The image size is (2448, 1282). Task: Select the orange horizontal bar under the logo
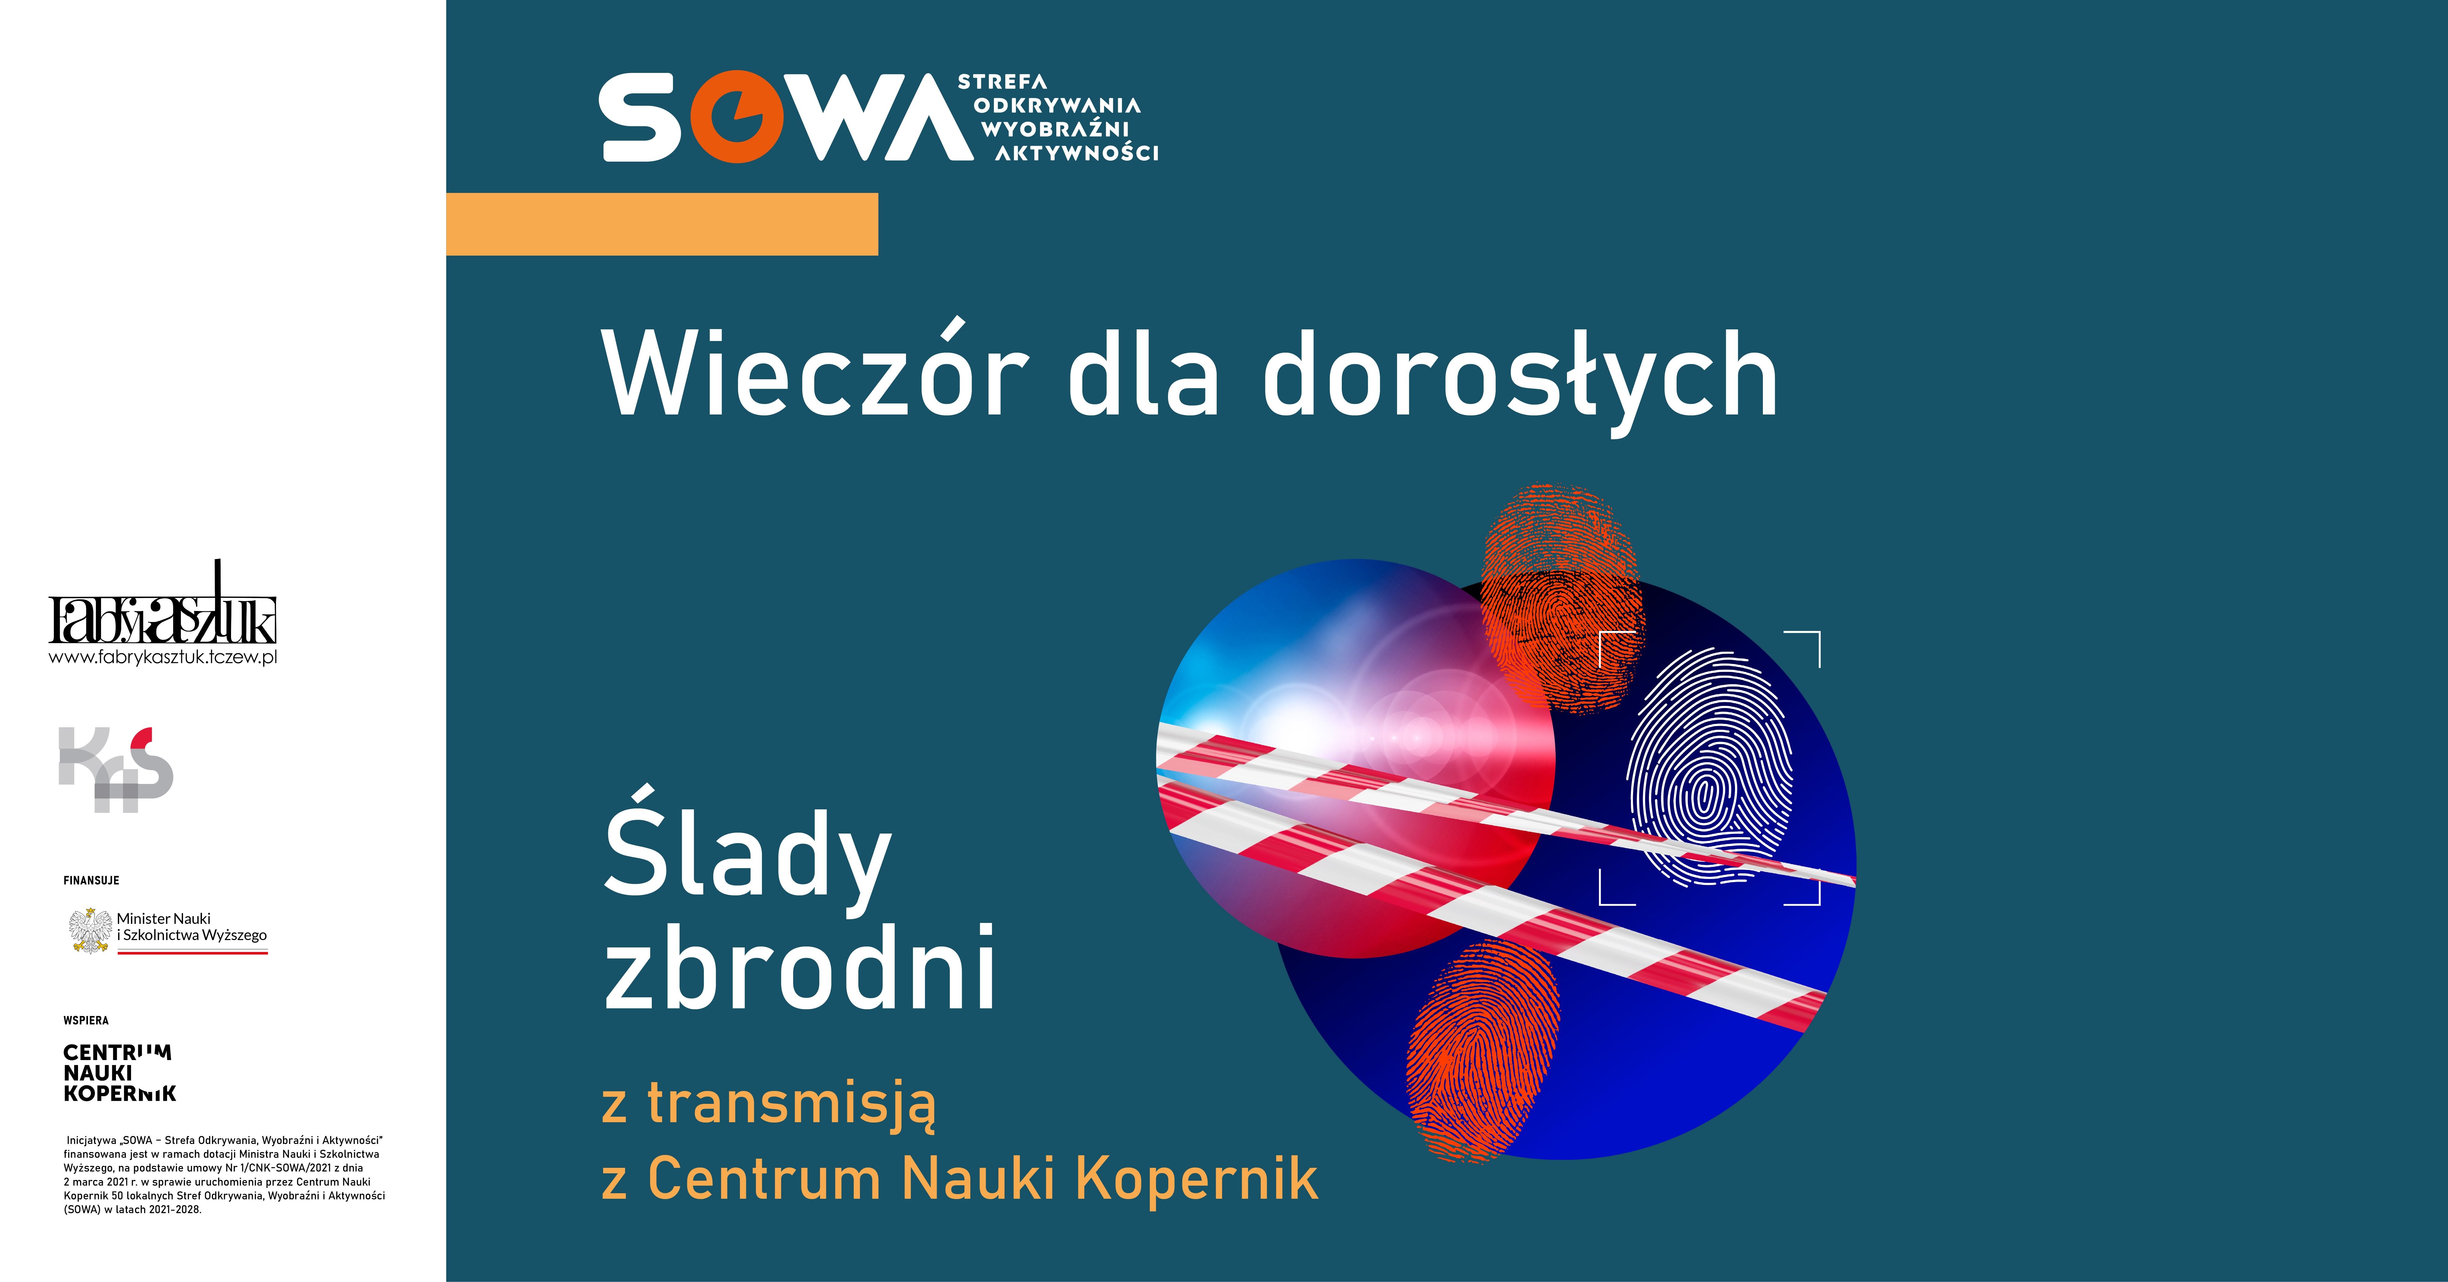tap(662, 224)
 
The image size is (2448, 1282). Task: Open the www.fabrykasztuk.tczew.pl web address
tap(162, 657)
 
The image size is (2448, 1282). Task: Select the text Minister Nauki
tap(163, 918)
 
